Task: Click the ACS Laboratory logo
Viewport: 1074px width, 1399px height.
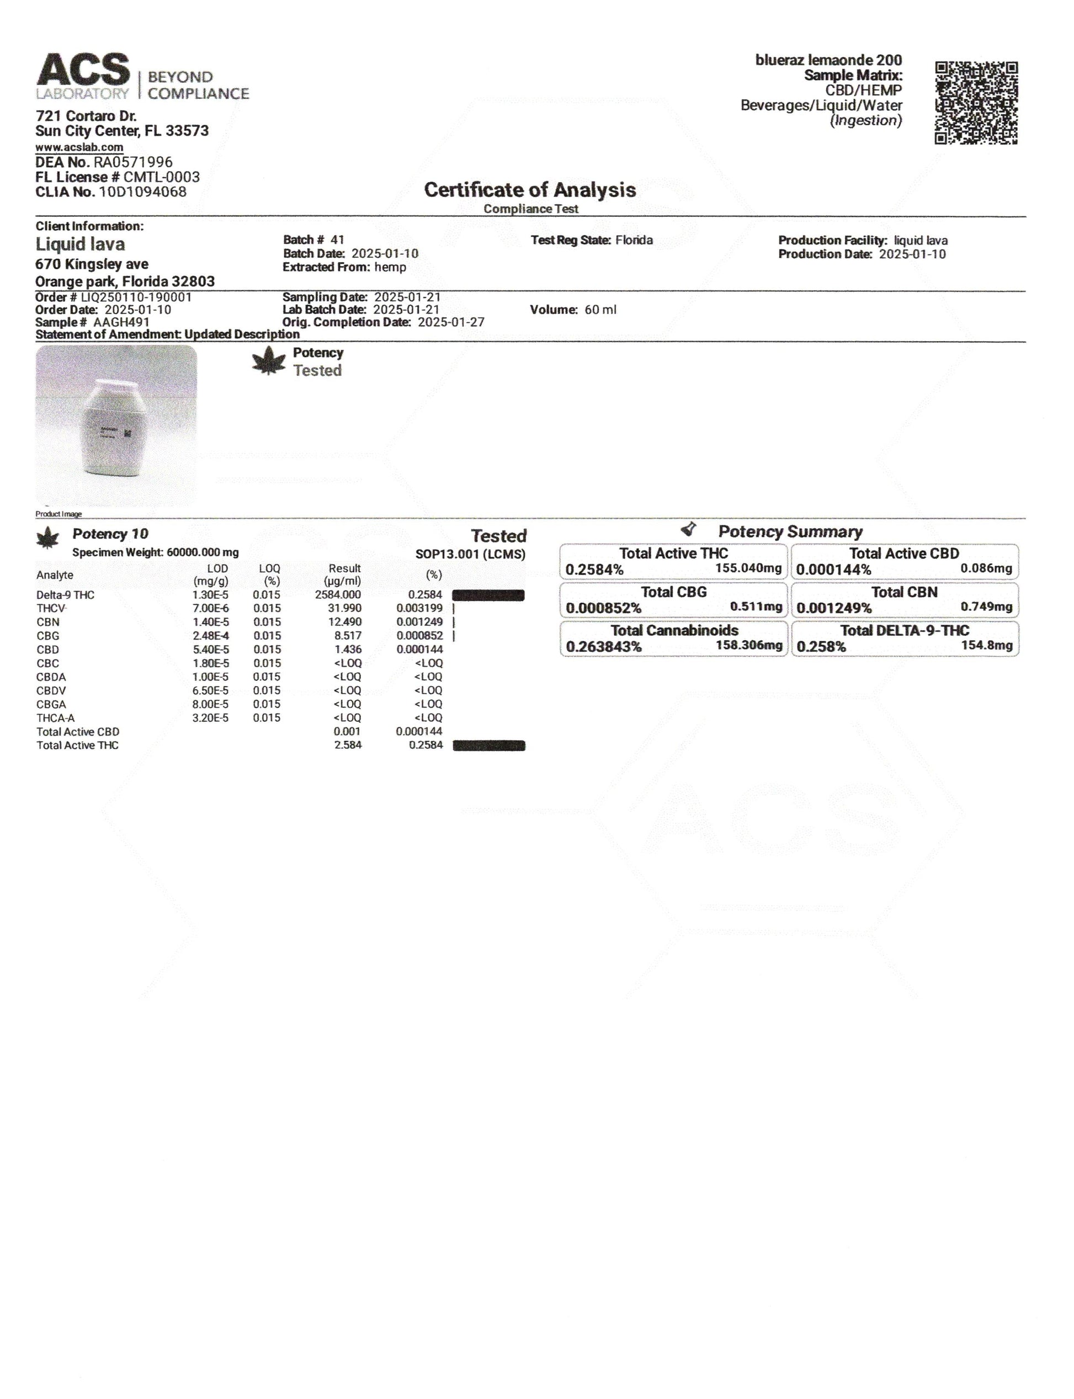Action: pyautogui.click(x=142, y=77)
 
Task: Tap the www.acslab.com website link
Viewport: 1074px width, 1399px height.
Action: pyautogui.click(x=79, y=147)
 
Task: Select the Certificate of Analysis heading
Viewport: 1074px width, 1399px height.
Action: pyautogui.click(x=530, y=190)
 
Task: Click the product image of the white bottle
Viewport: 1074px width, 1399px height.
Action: pyautogui.click(x=116, y=426)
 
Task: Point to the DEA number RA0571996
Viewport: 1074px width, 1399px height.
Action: pyautogui.click(x=133, y=162)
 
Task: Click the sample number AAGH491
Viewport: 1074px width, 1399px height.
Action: pyautogui.click(x=121, y=322)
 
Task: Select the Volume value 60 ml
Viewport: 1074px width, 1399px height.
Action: pyautogui.click(x=600, y=310)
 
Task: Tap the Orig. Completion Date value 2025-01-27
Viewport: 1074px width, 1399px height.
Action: pyautogui.click(x=451, y=322)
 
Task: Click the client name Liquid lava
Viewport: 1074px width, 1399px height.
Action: pyautogui.click(x=80, y=244)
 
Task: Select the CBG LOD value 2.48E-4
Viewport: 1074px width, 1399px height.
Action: pyautogui.click(x=210, y=636)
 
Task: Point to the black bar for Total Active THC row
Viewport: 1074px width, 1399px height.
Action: pyautogui.click(x=489, y=746)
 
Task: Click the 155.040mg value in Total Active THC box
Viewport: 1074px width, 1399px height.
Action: pyautogui.click(x=748, y=567)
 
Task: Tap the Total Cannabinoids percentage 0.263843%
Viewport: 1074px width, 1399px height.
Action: pyautogui.click(x=603, y=647)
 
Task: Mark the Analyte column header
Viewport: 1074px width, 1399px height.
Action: pyautogui.click(x=55, y=575)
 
